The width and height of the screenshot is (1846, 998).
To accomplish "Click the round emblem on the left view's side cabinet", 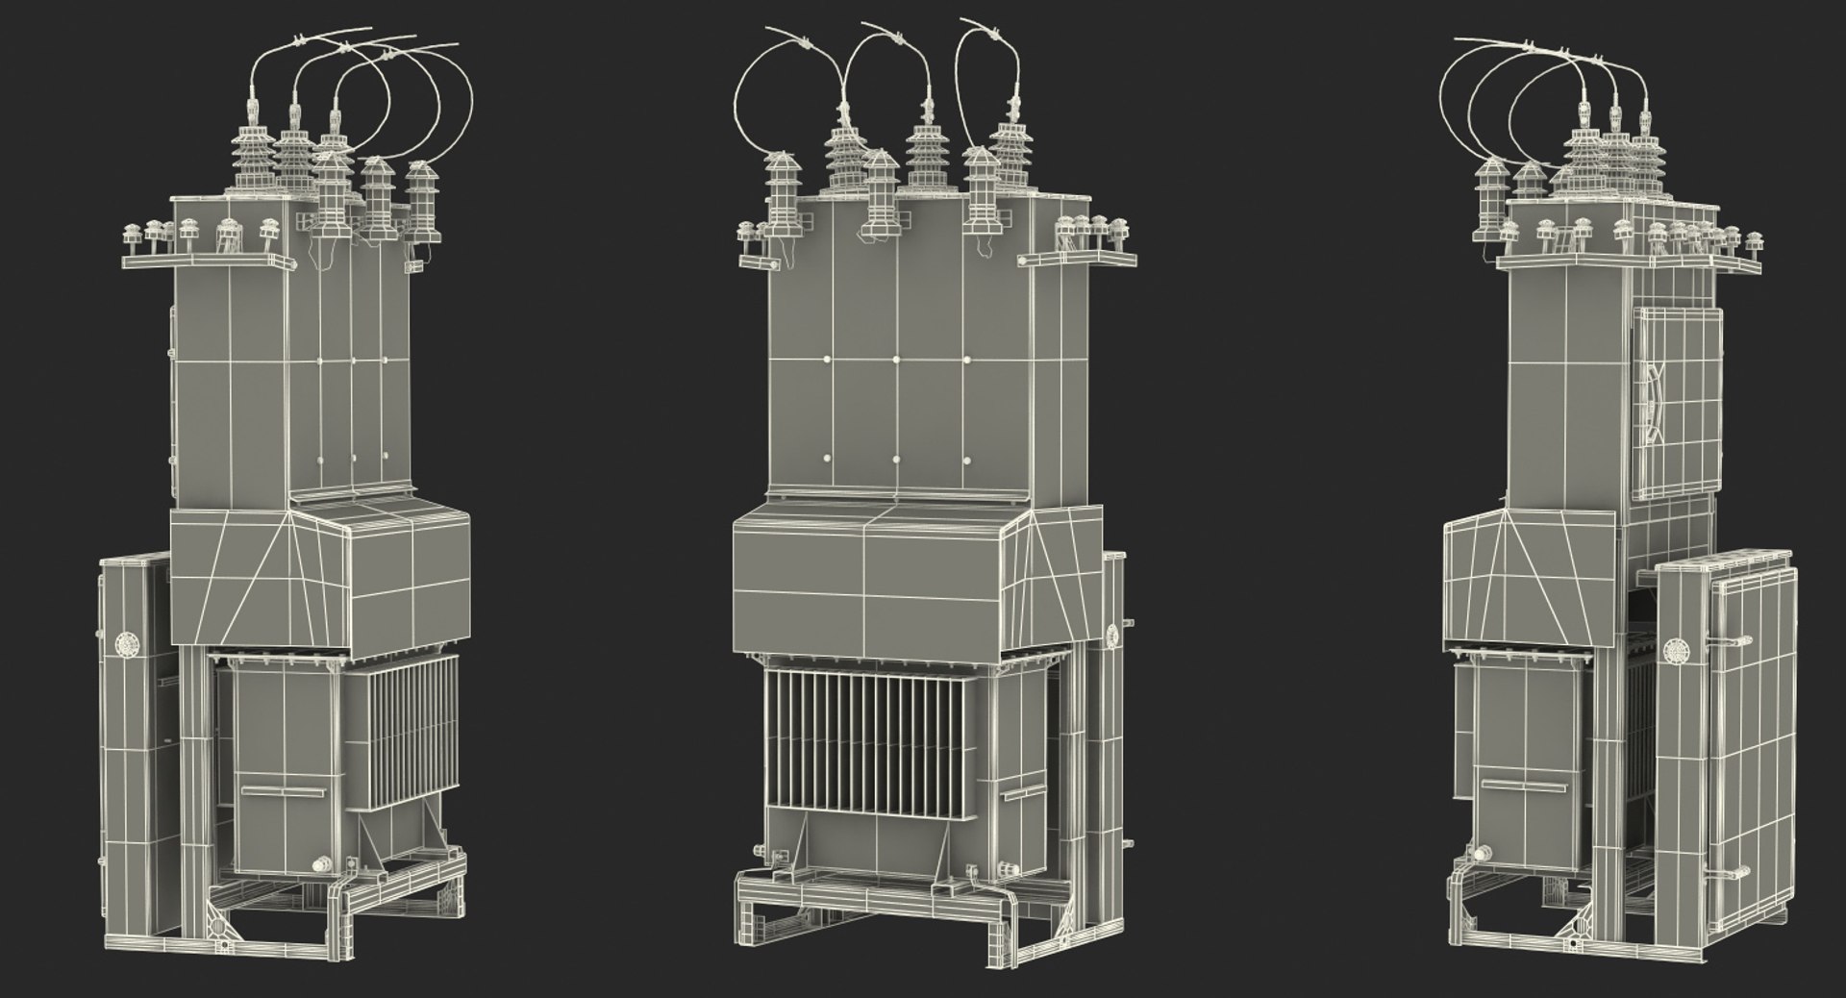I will pyautogui.click(x=125, y=643).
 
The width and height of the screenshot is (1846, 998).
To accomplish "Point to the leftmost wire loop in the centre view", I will pyautogui.click(x=760, y=106).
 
